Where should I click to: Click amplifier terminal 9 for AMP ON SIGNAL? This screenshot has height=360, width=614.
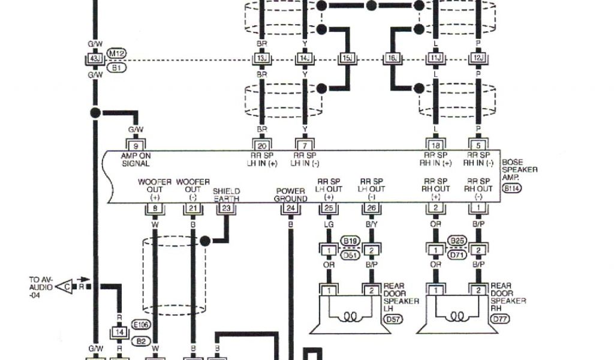tap(136, 145)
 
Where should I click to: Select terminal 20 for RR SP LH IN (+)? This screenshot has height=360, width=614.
tap(261, 145)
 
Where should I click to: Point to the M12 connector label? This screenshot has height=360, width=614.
tap(116, 53)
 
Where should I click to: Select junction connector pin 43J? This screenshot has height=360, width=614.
tap(94, 59)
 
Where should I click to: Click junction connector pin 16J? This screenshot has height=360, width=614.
tap(391, 59)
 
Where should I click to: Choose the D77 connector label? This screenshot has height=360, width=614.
tap(499, 319)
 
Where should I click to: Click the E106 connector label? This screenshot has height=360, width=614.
tap(143, 325)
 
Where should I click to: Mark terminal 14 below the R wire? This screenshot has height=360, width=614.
tap(119, 331)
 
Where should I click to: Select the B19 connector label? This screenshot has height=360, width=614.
tap(350, 241)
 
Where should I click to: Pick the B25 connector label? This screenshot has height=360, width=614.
tap(457, 241)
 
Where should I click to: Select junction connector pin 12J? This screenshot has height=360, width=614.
tap(478, 59)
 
